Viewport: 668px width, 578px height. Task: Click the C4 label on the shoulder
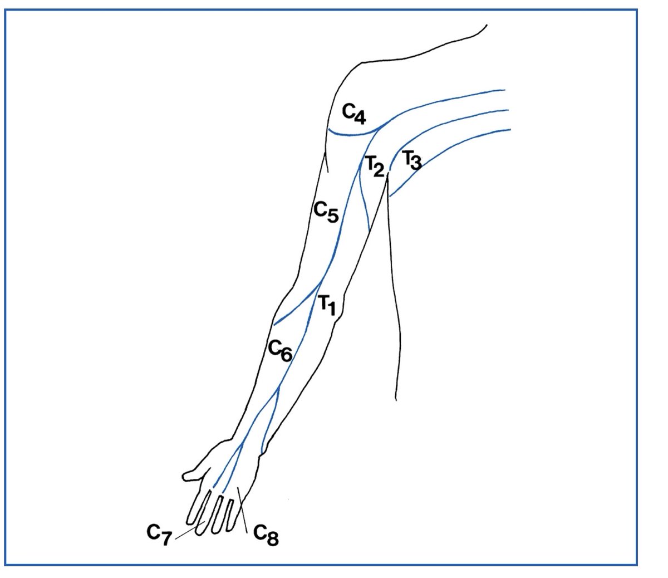(353, 114)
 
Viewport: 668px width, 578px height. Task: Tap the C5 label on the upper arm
(326, 212)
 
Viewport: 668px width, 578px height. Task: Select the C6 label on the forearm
(280, 350)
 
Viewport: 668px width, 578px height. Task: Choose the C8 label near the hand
(266, 535)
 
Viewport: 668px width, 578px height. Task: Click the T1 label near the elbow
(327, 305)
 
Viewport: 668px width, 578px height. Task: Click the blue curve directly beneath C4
(351, 134)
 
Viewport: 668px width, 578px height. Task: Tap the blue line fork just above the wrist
(277, 393)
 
